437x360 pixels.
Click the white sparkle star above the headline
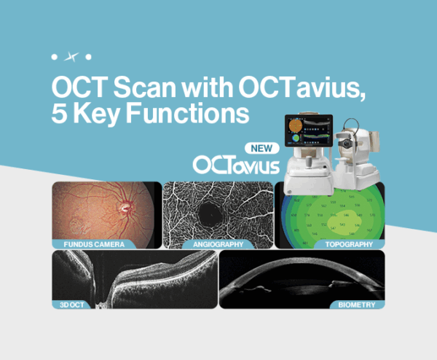click(71, 56)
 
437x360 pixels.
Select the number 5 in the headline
click(59, 114)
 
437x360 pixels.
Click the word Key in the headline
click(97, 114)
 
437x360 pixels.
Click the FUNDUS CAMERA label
click(90, 244)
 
